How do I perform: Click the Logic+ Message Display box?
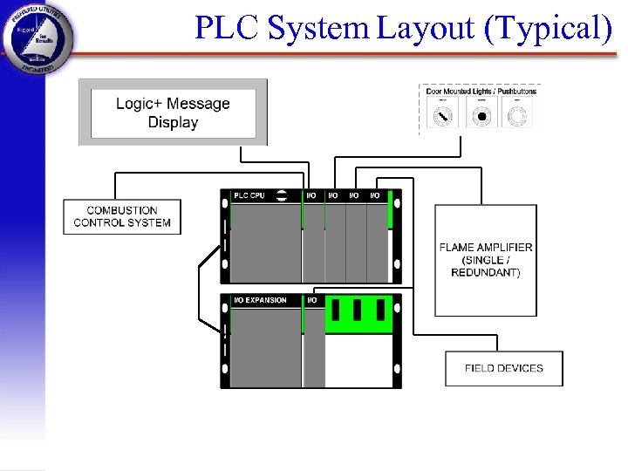tap(173, 113)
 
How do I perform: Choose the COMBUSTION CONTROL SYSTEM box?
tap(122, 216)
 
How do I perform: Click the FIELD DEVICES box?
tap(503, 368)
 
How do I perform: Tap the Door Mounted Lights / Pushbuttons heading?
tap(481, 91)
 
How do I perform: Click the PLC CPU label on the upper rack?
tap(249, 195)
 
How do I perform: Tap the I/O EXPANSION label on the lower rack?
tap(260, 300)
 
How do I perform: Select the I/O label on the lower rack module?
tap(311, 300)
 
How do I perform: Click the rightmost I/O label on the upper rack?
tap(375, 195)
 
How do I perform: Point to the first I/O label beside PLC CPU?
tap(311, 195)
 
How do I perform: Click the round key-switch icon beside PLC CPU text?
tap(283, 195)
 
